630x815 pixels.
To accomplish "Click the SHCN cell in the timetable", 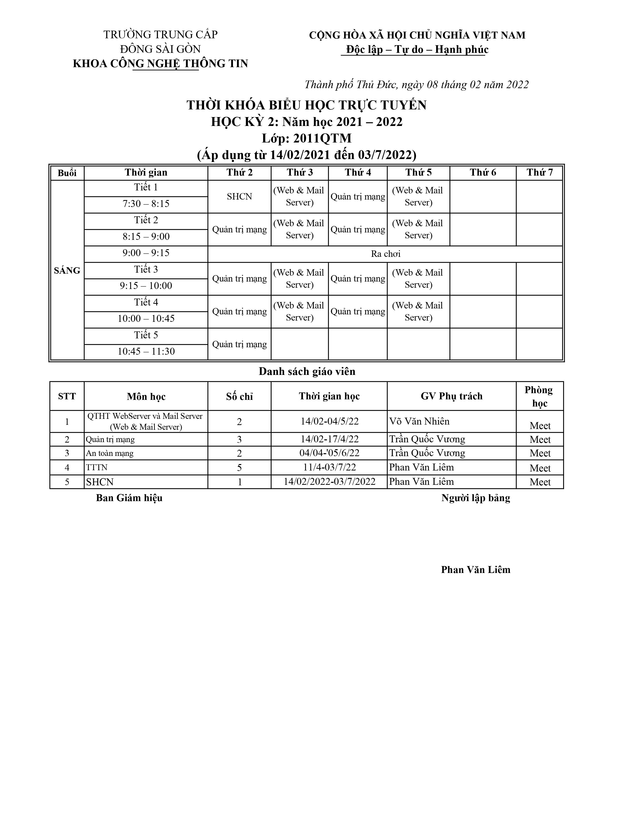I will pyautogui.click(x=239, y=197).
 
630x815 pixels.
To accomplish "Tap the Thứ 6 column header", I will pyautogui.click(x=483, y=172).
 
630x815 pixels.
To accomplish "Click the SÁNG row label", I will pyautogui.click(x=67, y=270).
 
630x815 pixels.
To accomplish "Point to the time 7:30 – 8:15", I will pyautogui.click(x=146, y=204).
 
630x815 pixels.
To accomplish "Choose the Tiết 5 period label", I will pyautogui.click(x=146, y=335).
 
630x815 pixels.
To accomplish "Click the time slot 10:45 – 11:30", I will pyautogui.click(x=146, y=351).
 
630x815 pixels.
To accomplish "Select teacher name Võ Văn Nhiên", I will pyautogui.click(x=419, y=421).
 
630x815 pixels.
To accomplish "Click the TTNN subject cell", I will pyautogui.click(x=97, y=468).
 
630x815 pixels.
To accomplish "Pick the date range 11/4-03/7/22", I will pyautogui.click(x=329, y=467).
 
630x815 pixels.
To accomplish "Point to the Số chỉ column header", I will pyautogui.click(x=239, y=396).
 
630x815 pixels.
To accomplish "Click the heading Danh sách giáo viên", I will pyautogui.click(x=307, y=372).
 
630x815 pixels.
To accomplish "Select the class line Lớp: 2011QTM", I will pyautogui.click(x=306, y=139).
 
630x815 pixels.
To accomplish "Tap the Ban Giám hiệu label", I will pyautogui.click(x=129, y=498).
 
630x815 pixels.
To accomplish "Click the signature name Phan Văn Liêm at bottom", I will pyautogui.click(x=476, y=570).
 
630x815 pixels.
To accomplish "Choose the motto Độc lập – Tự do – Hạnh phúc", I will pyautogui.click(x=417, y=50).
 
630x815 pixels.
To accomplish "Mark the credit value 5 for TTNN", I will pyautogui.click(x=239, y=468).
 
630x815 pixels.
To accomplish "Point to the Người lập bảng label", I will pyautogui.click(x=476, y=498).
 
